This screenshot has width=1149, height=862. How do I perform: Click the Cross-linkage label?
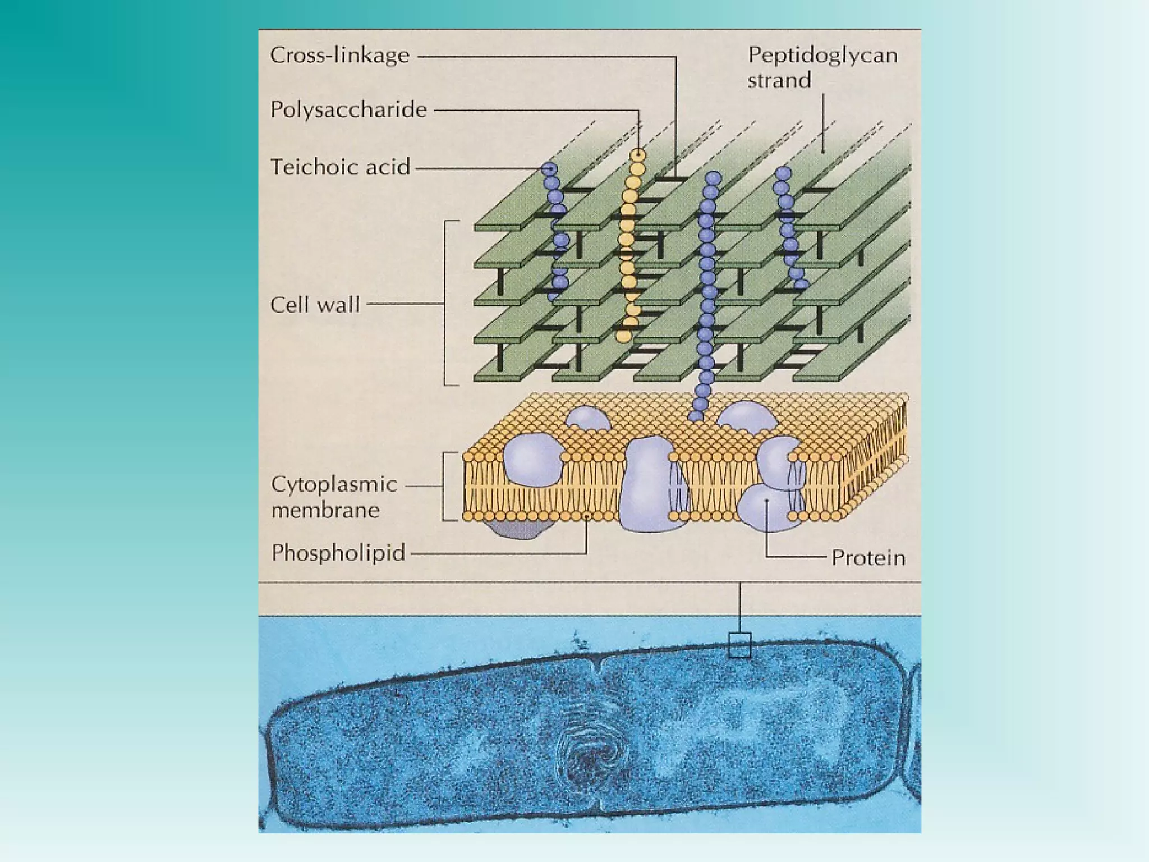coord(340,56)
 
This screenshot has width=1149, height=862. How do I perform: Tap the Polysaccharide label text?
coord(348,109)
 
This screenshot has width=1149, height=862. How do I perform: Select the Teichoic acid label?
coord(341,167)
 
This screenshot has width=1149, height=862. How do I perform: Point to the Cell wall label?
coord(315,305)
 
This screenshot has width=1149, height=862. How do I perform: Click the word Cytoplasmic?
coord(334,484)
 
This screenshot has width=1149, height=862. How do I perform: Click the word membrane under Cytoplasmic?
coord(325,510)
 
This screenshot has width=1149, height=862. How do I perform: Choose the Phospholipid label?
coord(338,553)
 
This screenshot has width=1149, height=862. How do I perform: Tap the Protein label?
coord(868,558)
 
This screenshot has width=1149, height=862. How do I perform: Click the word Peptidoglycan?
coord(822,55)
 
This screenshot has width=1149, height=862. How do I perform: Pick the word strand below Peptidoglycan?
coord(779,80)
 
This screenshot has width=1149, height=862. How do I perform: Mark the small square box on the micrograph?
coord(739,645)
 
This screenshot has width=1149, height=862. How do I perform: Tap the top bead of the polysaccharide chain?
coord(638,154)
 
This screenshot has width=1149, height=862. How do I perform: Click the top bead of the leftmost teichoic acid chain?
coord(549,168)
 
